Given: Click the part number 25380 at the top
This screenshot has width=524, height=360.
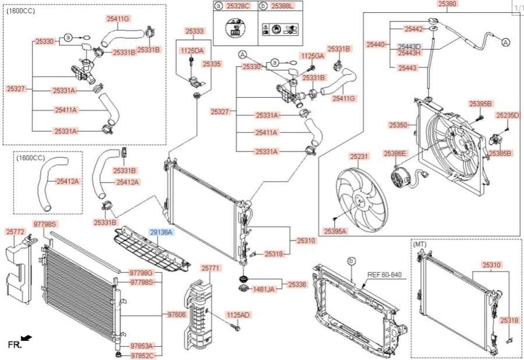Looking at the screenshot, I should (x=447, y=4).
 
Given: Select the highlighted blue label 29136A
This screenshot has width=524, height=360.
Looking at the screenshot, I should (x=161, y=232).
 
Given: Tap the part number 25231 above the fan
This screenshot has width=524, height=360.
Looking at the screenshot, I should (x=359, y=157).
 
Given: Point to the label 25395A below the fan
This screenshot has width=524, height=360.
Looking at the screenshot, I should (x=335, y=231).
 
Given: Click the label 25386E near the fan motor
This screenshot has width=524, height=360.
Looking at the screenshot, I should (x=395, y=153).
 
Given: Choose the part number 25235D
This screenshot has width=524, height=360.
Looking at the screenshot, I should (x=507, y=115).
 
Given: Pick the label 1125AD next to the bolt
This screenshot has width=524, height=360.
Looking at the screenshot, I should (x=238, y=315).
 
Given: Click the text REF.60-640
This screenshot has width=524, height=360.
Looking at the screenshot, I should (x=385, y=274).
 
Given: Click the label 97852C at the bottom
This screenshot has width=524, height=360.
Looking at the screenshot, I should (x=142, y=355).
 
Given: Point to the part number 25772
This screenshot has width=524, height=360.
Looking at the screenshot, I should (x=15, y=232).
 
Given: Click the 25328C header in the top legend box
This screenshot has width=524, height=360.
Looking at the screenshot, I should (x=238, y=6).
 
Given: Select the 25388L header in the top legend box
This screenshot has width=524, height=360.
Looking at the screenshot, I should (x=284, y=6).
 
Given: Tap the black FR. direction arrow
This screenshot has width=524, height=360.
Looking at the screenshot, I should (x=25, y=338).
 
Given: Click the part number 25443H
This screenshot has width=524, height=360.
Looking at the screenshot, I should (x=409, y=53).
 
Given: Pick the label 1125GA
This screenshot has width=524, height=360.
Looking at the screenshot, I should (x=312, y=56).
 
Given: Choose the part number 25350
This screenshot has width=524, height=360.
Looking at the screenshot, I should (x=398, y=125).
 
